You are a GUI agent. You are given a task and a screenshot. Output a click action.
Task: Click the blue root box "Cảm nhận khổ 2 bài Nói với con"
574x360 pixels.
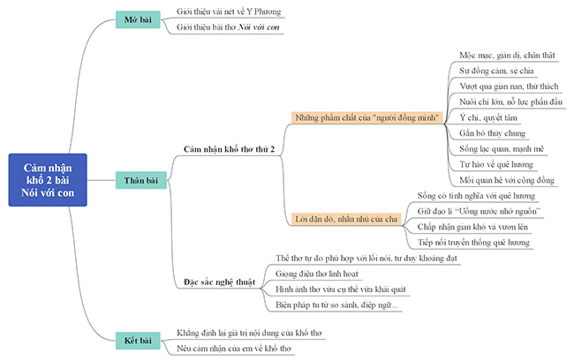49,180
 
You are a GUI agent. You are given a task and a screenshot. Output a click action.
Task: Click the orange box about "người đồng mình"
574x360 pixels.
367,116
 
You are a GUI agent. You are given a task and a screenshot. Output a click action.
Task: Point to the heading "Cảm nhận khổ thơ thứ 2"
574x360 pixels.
229,150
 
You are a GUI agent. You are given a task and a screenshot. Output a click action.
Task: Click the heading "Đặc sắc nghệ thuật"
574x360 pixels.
220,281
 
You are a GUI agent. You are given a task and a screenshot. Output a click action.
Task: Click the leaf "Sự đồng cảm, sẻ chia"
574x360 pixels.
493,70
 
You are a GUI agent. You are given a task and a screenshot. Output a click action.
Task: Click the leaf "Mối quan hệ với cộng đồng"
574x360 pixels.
506,180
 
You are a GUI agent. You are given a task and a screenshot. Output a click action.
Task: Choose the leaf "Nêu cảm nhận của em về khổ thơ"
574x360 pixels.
234,349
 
